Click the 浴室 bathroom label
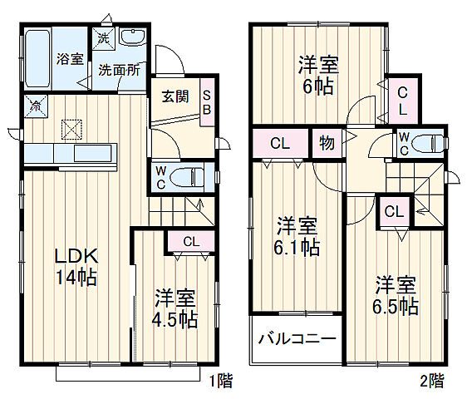pyautogui.click(x=70, y=59)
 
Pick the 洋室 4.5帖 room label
pyautogui.click(x=175, y=308)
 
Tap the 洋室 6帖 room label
pyautogui.click(x=318, y=74)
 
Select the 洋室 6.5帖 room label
pyautogui.click(x=395, y=294)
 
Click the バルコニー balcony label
pyautogui.click(x=297, y=339)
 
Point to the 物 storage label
pyautogui.click(x=326, y=143)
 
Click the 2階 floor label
pyautogui.click(x=431, y=382)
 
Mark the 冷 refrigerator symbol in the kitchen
pyautogui.click(x=36, y=106)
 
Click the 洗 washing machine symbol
pyautogui.click(x=103, y=37)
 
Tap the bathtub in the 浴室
pyautogui.click(x=37, y=57)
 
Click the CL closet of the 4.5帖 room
pyautogui.click(x=190, y=242)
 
